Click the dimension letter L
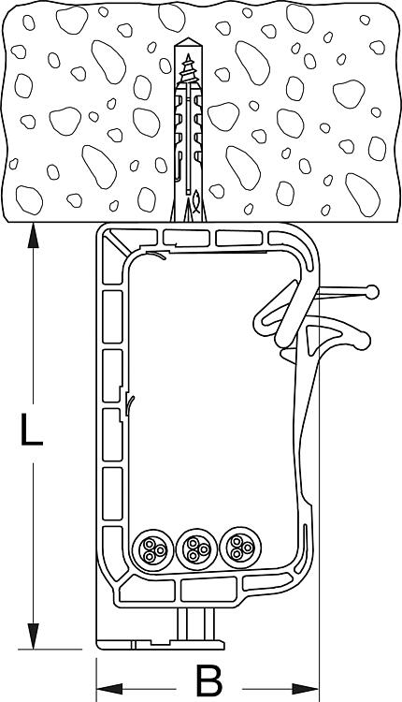tap(32, 431)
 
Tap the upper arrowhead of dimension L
tap(33, 236)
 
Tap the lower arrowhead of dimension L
tap(33, 636)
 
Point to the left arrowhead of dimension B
tap(109, 689)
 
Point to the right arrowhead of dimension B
tap(306, 689)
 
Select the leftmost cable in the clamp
tap(153, 549)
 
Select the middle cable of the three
tap(196, 548)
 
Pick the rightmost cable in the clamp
tap(240, 547)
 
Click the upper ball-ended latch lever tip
tap(372, 292)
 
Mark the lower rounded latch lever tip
tap(363, 341)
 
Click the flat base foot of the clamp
tap(160, 645)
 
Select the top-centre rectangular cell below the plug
tap(186, 238)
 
